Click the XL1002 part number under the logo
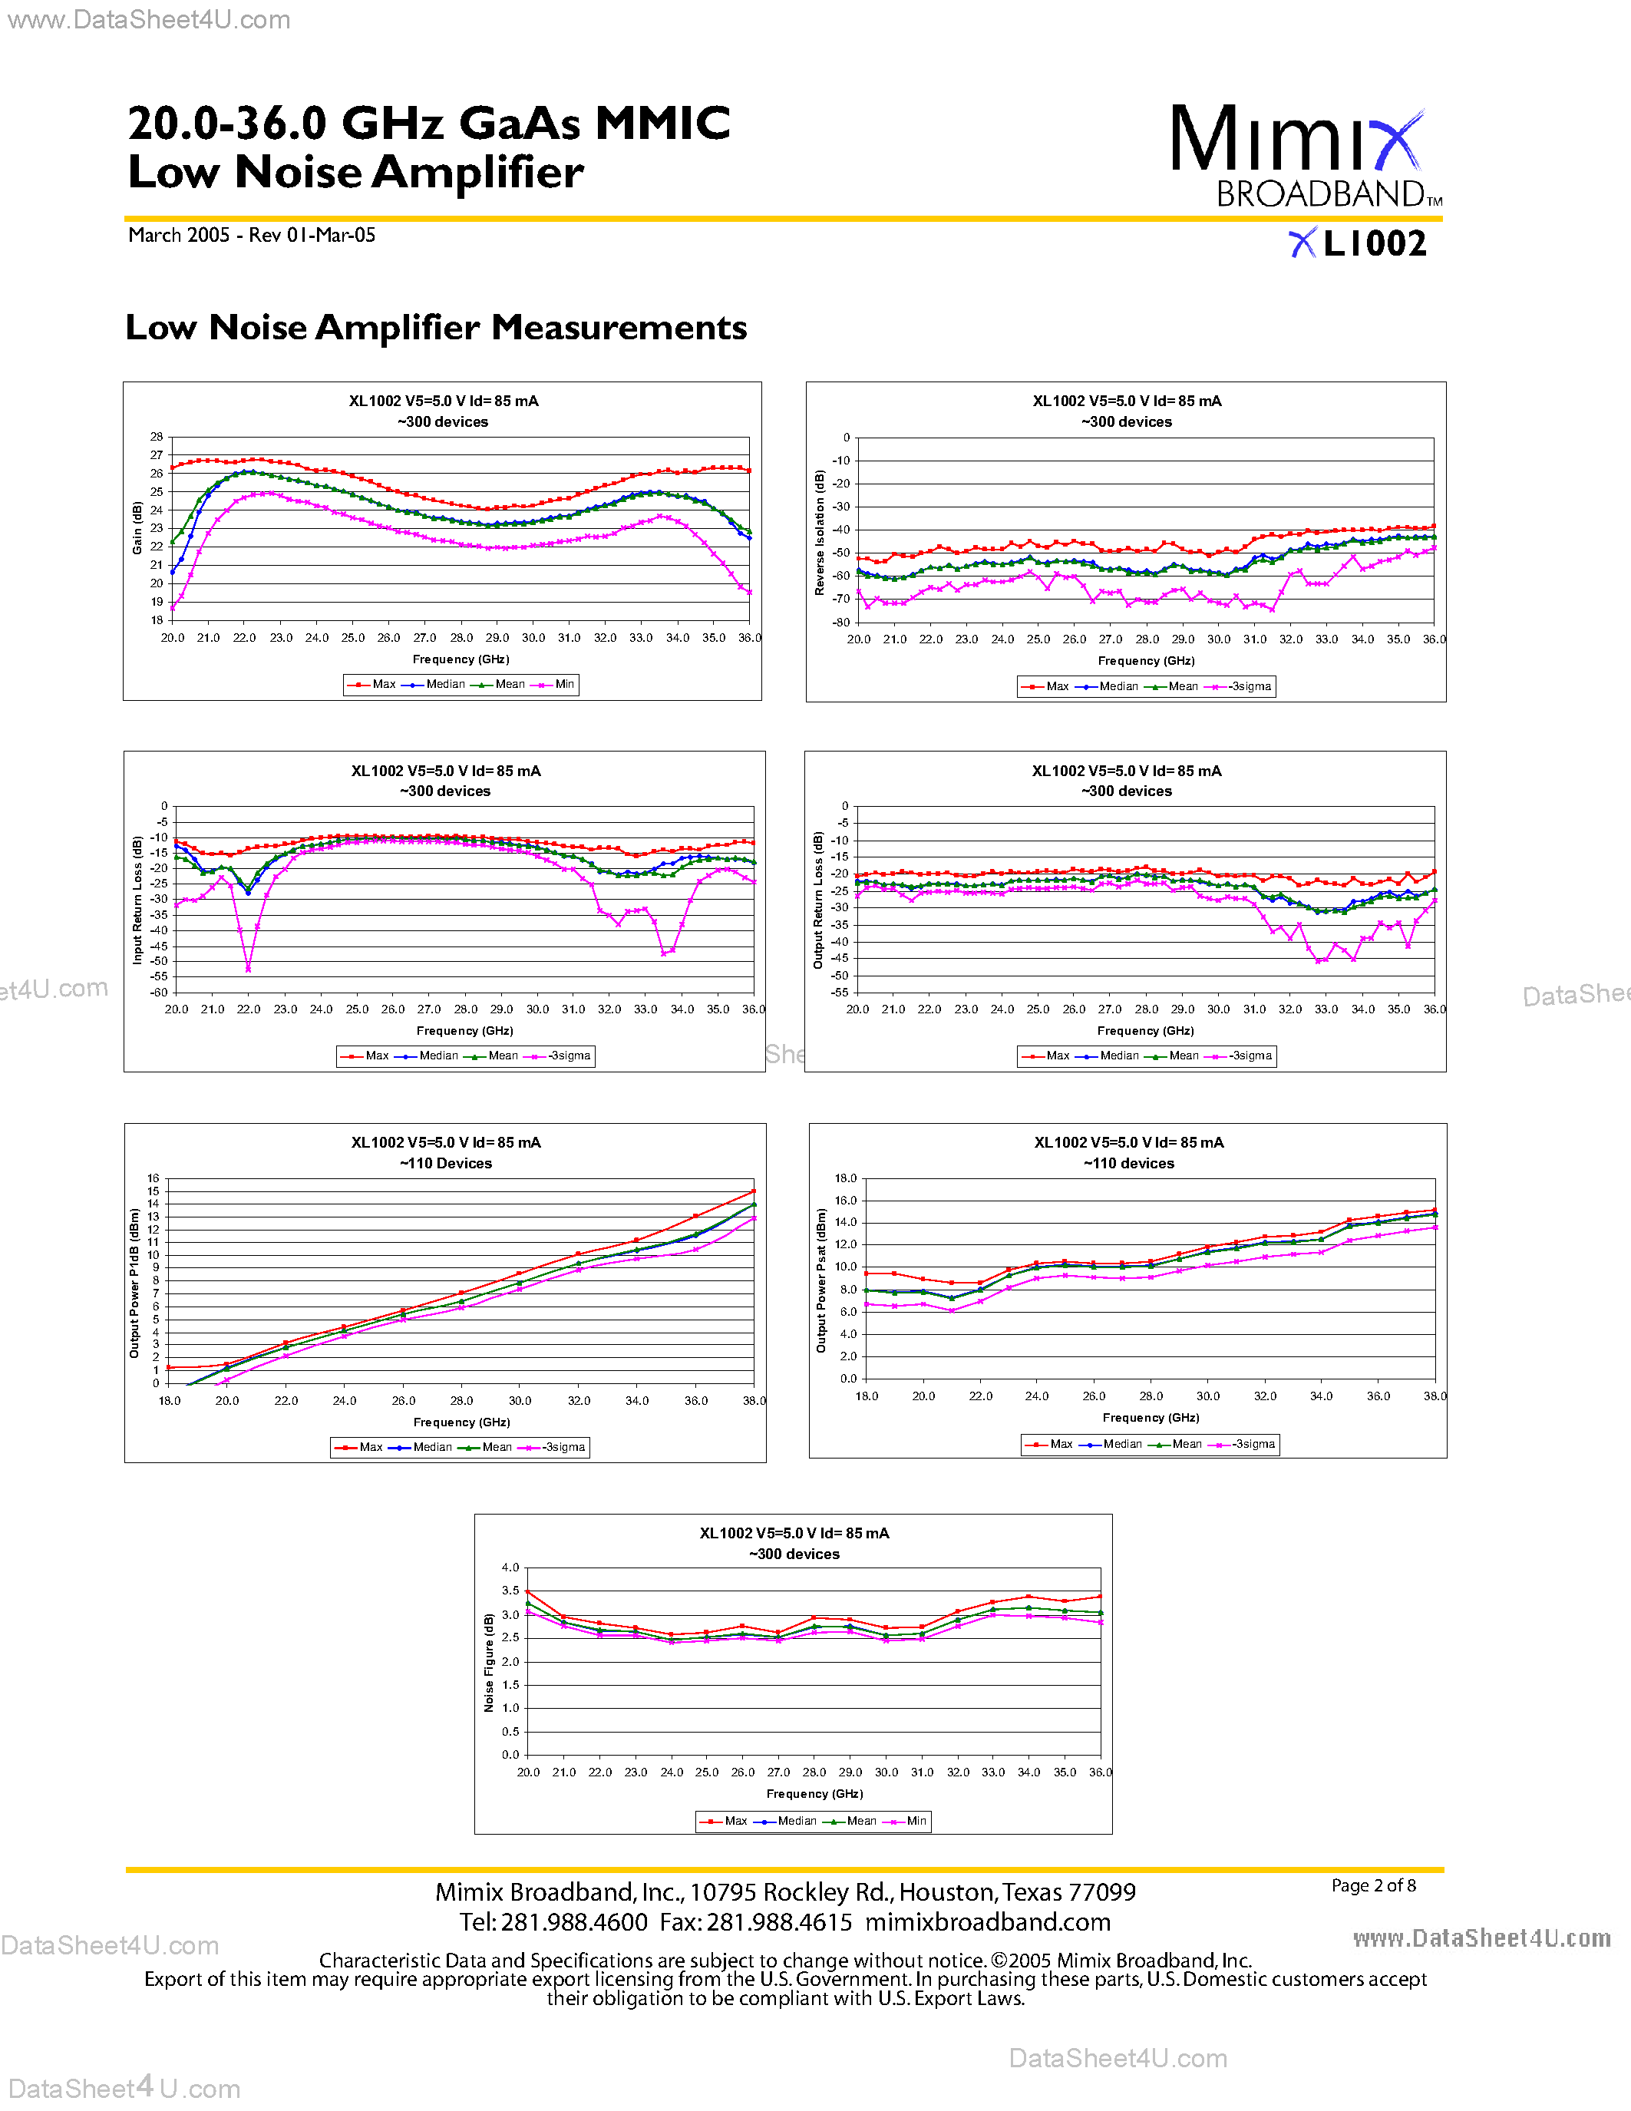coord(1359,243)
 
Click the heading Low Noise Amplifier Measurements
coord(436,328)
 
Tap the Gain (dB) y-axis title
coord(137,528)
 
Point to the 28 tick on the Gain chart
coord(157,437)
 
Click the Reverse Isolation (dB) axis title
coord(820,532)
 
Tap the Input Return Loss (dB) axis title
coord(137,899)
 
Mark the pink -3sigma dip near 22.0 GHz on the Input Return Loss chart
coord(249,967)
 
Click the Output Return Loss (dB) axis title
coord(817,899)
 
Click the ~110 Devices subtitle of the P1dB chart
coord(445,1164)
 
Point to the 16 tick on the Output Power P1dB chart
coord(153,1178)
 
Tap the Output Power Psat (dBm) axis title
coord(820,1280)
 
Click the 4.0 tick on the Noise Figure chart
coord(510,1568)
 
